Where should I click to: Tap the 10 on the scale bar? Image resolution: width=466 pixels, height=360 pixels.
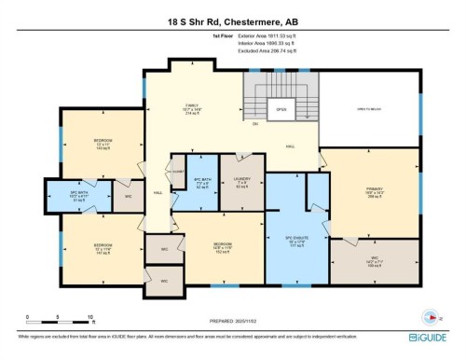coord(89,318)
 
